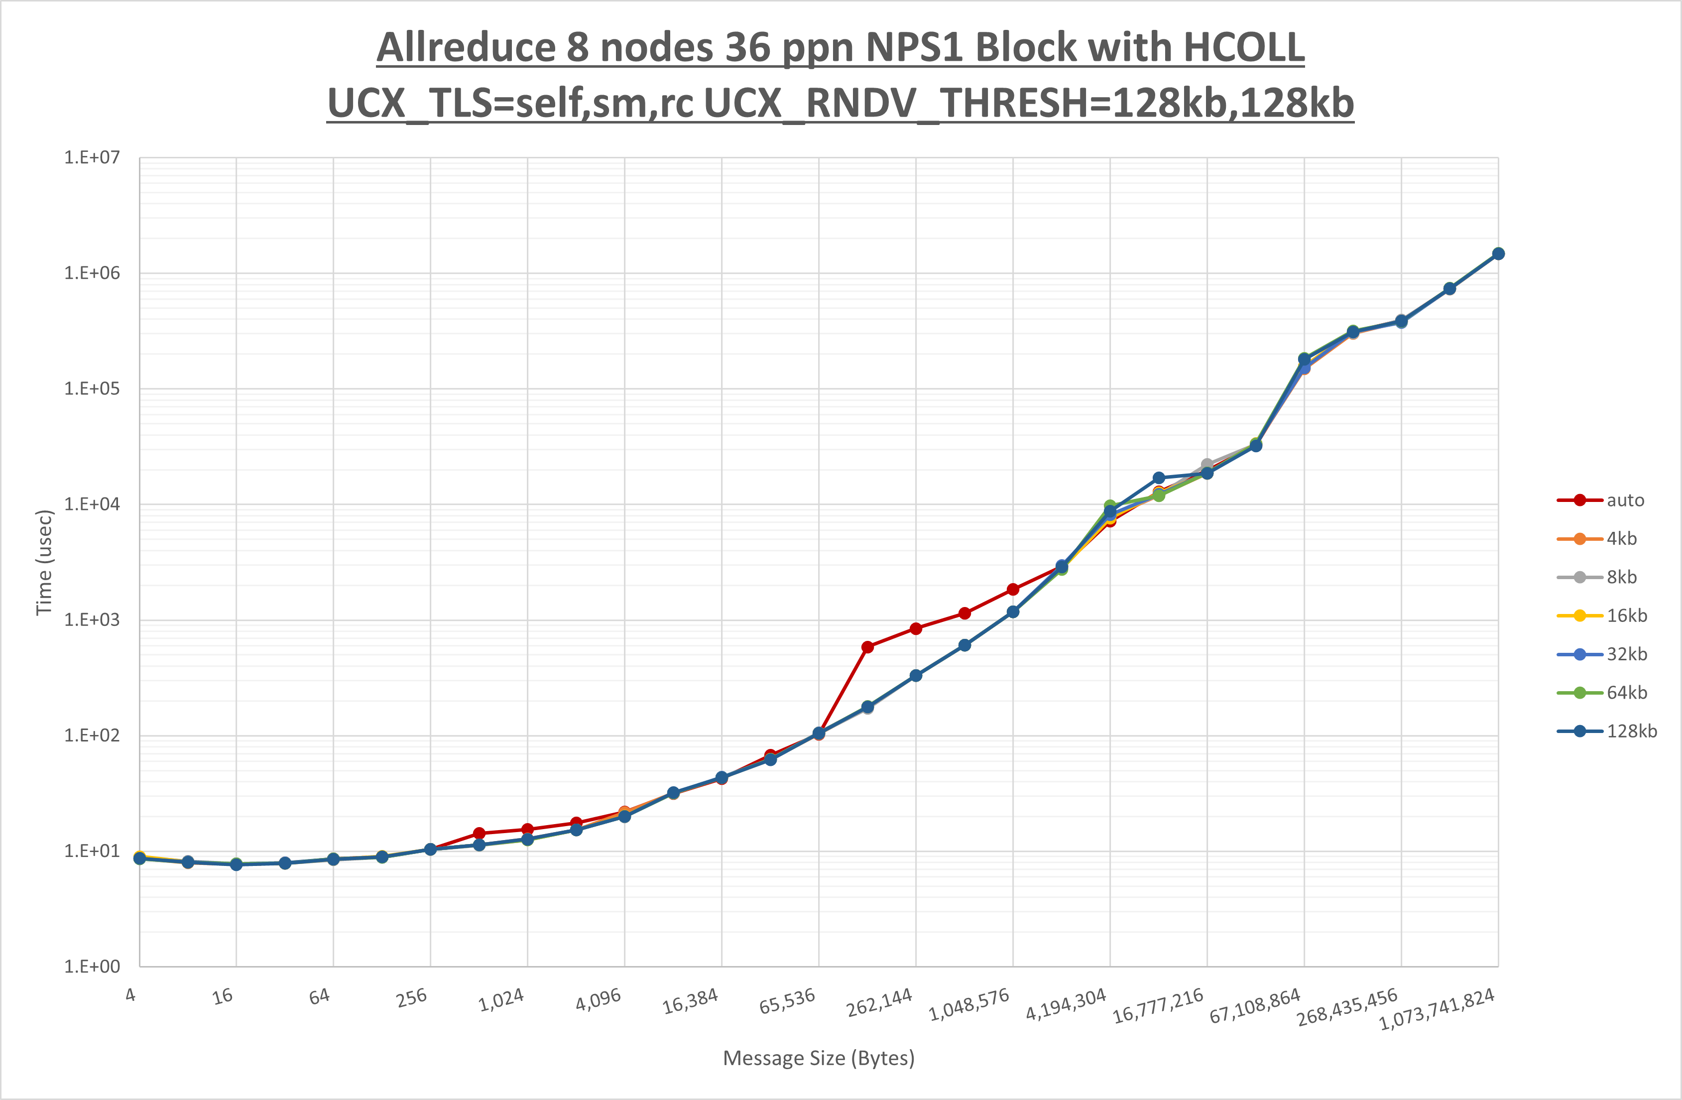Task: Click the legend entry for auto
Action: click(x=1625, y=500)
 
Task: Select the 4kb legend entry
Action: click(x=1621, y=539)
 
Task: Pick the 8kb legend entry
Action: click(x=1621, y=578)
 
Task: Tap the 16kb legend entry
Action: click(x=1626, y=616)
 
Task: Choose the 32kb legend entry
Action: click(x=1626, y=654)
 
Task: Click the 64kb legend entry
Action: click(x=1626, y=693)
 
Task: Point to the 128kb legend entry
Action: click(x=1631, y=731)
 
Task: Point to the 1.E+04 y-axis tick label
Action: click(x=92, y=504)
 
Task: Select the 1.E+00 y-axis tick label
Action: click(x=92, y=967)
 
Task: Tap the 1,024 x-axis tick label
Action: click(x=501, y=999)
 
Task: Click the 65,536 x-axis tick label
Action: click(x=787, y=1001)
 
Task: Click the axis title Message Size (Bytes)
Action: click(x=819, y=1058)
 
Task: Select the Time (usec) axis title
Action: click(x=44, y=562)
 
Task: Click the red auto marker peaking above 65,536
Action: click(x=868, y=647)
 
